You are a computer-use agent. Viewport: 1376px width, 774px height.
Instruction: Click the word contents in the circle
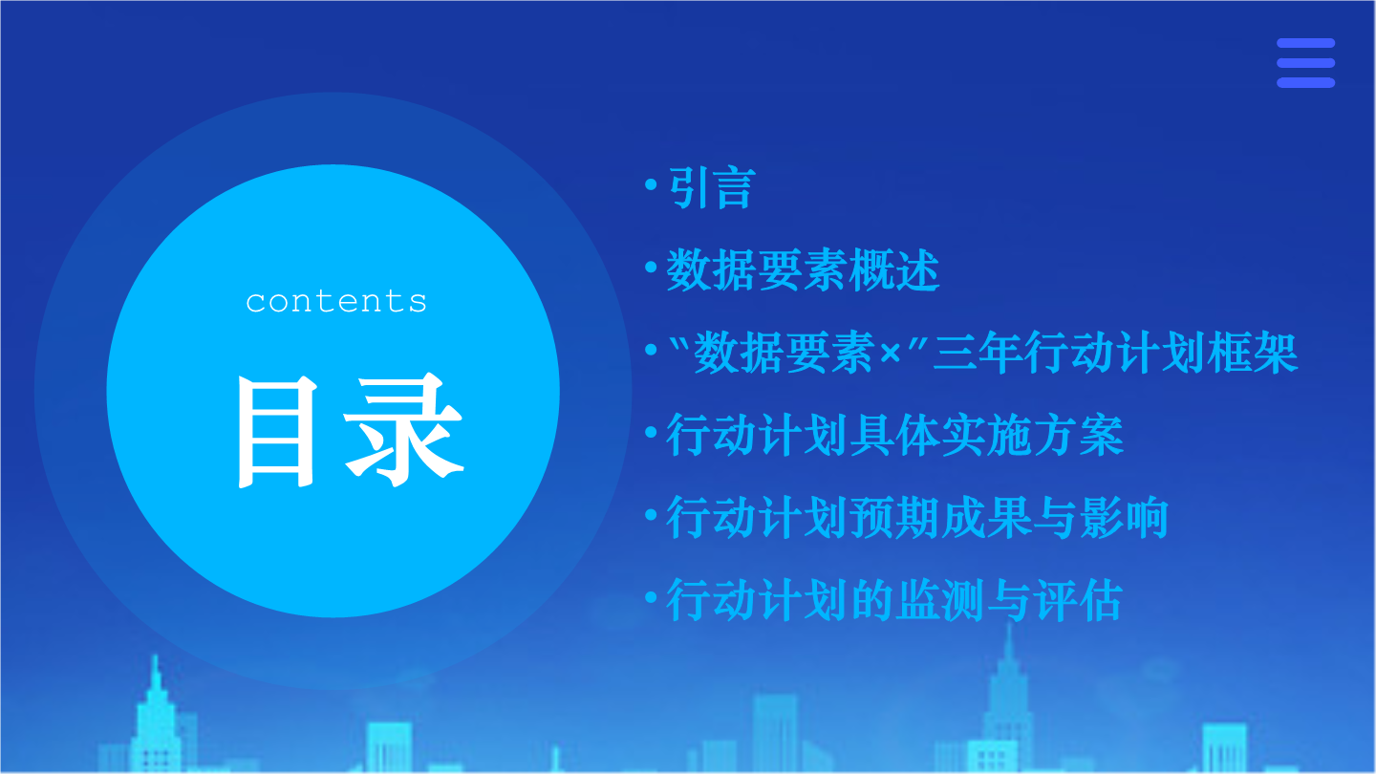click(336, 302)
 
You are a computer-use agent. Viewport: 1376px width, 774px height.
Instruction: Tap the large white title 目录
click(350, 430)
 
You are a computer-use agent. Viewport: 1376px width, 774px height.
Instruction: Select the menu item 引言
click(712, 187)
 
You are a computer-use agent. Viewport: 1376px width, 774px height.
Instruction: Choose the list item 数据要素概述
click(803, 269)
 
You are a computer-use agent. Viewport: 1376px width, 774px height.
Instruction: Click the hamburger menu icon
click(1305, 63)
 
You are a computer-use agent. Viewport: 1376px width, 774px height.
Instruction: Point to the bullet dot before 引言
click(651, 184)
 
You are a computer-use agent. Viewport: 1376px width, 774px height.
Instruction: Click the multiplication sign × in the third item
click(891, 353)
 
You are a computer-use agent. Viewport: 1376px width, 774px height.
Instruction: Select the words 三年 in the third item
click(978, 353)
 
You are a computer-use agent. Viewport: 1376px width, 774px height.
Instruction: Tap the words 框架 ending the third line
click(1253, 353)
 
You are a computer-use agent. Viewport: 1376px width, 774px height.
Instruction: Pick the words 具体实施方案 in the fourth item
click(987, 435)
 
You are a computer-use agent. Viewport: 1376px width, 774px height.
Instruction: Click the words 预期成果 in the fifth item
click(941, 517)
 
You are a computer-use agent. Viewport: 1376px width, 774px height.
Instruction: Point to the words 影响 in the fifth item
click(1124, 517)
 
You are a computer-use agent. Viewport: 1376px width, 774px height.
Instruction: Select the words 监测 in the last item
click(941, 599)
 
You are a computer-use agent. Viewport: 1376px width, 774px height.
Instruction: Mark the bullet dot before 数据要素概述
click(651, 267)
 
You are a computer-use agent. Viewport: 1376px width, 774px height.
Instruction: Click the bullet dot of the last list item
click(651, 596)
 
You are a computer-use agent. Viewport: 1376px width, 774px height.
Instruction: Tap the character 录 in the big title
click(403, 430)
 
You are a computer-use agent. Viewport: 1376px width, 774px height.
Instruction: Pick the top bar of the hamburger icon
click(1305, 43)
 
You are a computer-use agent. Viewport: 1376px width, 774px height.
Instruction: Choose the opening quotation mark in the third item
click(678, 342)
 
